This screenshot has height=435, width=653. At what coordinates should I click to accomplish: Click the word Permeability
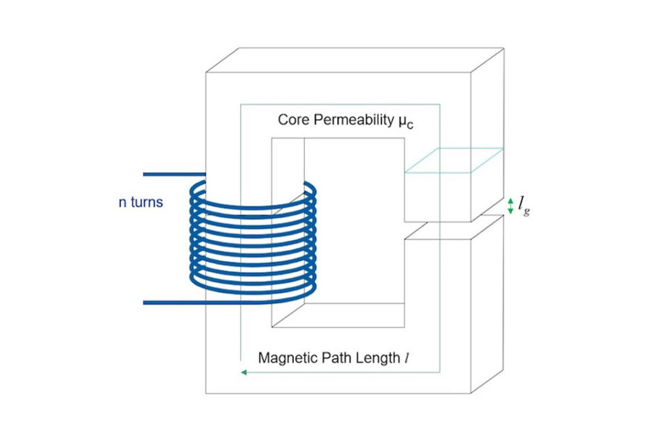(354, 120)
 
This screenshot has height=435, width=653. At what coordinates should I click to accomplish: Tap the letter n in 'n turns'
(122, 203)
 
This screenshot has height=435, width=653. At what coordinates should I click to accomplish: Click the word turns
(147, 202)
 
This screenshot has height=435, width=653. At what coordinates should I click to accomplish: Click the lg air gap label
(524, 206)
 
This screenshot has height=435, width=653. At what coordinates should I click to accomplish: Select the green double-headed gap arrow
(511, 206)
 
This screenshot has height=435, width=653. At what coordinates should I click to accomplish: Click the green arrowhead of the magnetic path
(244, 372)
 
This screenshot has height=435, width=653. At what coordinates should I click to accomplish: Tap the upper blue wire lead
(174, 175)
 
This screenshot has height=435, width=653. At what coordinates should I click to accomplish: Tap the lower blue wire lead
(174, 302)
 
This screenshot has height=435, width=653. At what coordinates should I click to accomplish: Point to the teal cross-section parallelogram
(454, 160)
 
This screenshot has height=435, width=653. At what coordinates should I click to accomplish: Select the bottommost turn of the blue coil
(252, 290)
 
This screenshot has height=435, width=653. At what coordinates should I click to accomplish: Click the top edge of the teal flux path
(340, 105)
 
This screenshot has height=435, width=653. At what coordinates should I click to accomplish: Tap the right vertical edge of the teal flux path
(440, 238)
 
